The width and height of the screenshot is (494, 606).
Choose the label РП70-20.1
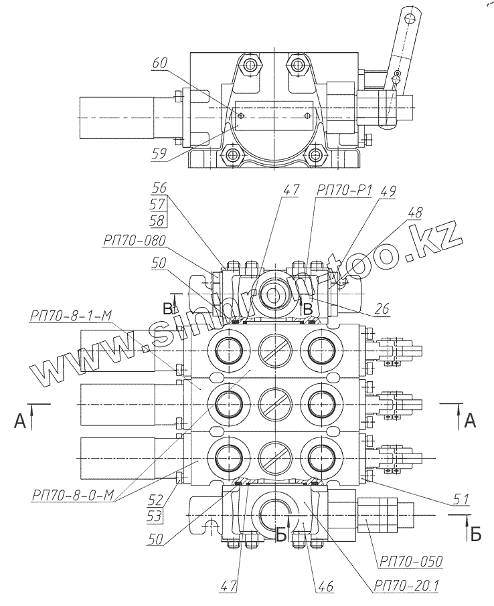point(406,586)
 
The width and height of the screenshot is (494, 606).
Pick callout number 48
point(414,213)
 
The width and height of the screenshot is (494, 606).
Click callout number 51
point(460,498)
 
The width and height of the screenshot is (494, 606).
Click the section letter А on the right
point(470,421)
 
